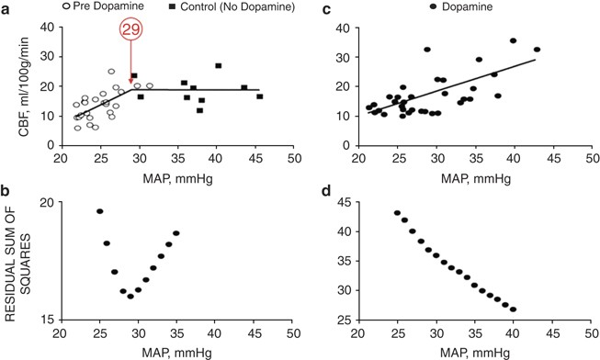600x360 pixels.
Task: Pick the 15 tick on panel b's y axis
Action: [43, 319]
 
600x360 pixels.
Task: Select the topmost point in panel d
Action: [397, 213]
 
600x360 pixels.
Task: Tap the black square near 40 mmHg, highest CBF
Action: [218, 65]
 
